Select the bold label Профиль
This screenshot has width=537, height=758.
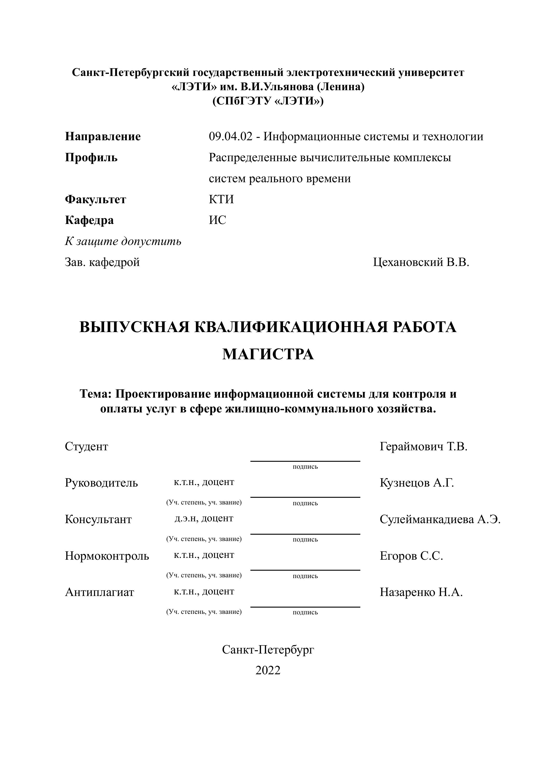click(91, 158)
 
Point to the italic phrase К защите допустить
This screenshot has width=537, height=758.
click(123, 242)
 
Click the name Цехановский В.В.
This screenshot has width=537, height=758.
click(421, 262)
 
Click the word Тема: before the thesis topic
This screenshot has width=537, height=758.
click(96, 394)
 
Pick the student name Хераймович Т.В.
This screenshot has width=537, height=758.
click(423, 447)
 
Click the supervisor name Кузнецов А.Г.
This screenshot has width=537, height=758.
click(417, 483)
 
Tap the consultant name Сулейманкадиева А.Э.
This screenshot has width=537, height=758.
click(440, 520)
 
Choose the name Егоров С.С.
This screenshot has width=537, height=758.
click(411, 556)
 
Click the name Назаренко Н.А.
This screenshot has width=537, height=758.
click(421, 592)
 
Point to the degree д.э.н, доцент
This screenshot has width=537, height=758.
click(204, 518)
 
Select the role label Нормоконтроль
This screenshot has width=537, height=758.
click(107, 556)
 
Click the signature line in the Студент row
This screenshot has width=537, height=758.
click(305, 461)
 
